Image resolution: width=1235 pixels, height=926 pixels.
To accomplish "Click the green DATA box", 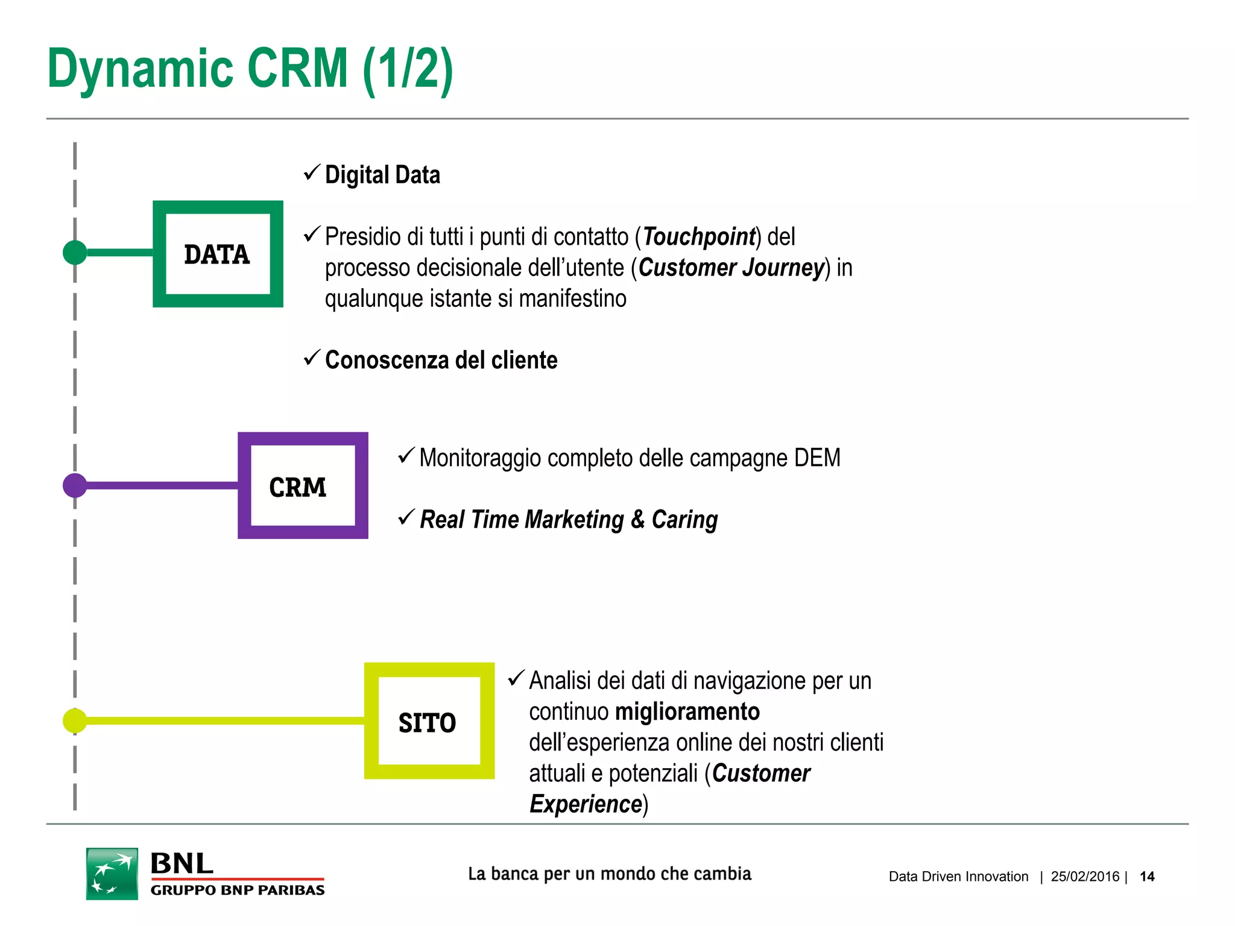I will click(x=218, y=254).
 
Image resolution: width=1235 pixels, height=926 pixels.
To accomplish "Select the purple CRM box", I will click(x=303, y=485).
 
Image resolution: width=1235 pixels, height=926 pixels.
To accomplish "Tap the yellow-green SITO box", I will click(x=429, y=721).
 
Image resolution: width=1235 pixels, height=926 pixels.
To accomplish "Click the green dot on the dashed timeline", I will click(x=75, y=252).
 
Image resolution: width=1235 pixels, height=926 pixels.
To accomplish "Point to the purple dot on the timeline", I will click(x=75, y=485).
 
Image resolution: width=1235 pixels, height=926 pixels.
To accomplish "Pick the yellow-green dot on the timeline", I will click(x=75, y=720).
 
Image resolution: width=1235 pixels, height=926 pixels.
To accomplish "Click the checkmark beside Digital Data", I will click(x=311, y=173).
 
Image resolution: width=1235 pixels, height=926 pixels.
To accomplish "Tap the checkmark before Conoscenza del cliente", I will click(x=311, y=358).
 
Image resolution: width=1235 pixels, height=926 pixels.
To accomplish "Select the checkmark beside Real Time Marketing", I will click(x=406, y=517).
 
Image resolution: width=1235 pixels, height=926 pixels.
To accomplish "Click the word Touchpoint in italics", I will click(x=699, y=236).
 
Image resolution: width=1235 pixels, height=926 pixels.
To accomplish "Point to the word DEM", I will click(x=817, y=458).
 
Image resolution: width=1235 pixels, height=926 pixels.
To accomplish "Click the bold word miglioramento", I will click(x=687, y=711).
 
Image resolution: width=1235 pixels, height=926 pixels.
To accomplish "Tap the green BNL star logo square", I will click(x=112, y=874).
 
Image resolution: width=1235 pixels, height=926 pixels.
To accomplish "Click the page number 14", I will click(x=1147, y=877).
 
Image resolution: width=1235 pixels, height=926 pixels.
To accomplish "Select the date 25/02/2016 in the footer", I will click(x=1085, y=877).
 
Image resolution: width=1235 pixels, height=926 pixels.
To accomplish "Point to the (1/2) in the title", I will click(x=408, y=69).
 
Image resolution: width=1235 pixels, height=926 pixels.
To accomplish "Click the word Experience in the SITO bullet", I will click(x=586, y=804).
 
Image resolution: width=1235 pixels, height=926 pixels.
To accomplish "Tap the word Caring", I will click(x=684, y=520).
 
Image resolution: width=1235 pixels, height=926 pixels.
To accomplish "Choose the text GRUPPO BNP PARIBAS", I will click(x=238, y=890).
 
